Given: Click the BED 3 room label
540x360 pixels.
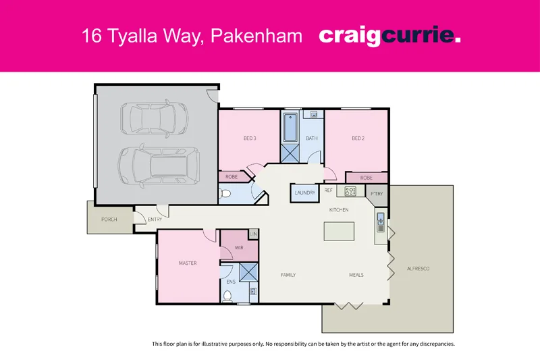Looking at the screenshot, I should point(250,138).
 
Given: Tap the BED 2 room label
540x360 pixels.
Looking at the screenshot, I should point(358,138).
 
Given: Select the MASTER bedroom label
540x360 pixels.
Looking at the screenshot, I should point(188,263).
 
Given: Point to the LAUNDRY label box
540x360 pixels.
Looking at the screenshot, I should point(305,192).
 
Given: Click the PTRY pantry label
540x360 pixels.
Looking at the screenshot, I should point(377,193).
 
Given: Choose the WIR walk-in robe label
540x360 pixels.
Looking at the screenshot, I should point(239,248).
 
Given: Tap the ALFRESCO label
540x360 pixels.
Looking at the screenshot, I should point(418,269).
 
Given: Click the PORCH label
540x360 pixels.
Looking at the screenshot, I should point(109,219).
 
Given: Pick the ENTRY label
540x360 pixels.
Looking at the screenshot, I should point(155,219).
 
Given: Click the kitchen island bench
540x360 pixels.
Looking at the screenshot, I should point(340,231).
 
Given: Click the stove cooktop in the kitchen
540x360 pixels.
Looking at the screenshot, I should point(350,191).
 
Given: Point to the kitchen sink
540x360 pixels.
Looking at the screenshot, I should point(381,220).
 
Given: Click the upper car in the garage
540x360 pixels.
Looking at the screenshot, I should point(155,120).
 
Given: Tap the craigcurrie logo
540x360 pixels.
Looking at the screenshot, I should point(389,36).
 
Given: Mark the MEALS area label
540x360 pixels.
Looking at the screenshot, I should point(356,275).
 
